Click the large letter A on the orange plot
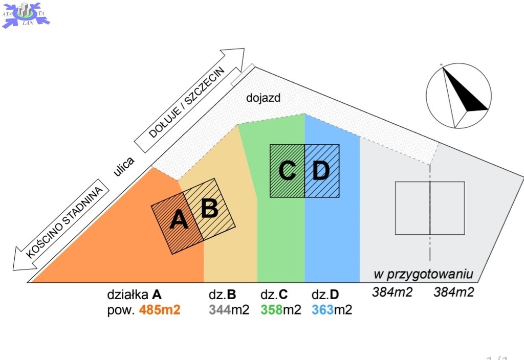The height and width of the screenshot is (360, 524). [x=179, y=220]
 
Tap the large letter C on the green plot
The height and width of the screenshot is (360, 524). [x=287, y=170]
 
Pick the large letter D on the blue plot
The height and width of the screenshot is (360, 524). [x=321, y=170]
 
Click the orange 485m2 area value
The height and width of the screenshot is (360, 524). [x=160, y=310]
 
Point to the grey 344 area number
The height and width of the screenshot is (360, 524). [x=220, y=310]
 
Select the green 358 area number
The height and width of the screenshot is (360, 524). [x=272, y=310]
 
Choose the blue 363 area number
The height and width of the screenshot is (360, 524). [x=323, y=310]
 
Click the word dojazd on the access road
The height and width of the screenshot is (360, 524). [x=263, y=98]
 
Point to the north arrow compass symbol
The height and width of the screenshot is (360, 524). [x=459, y=96]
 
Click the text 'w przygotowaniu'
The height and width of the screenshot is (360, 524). [x=425, y=274]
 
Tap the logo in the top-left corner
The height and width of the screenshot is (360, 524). [x=26, y=14]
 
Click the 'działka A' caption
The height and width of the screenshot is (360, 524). [x=135, y=295]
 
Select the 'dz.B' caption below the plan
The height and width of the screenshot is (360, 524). [x=223, y=295]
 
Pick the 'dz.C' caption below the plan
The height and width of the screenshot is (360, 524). [x=274, y=295]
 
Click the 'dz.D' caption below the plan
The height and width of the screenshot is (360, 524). [x=325, y=295]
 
